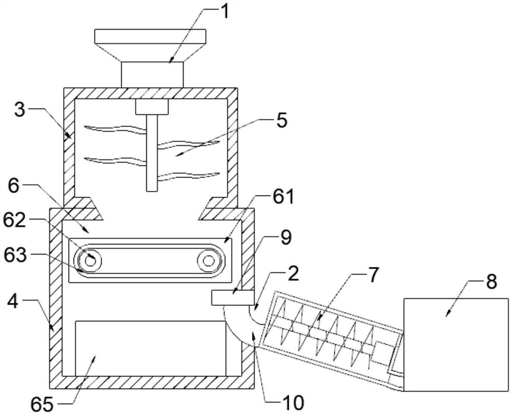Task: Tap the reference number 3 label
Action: pos(20,111)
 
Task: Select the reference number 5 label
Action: pos(282,120)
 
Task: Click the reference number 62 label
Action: pos(15,220)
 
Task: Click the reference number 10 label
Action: pos(293,402)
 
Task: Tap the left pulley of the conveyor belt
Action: pos(89,261)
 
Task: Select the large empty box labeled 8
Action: pos(456,344)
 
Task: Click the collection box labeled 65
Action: pos(151,348)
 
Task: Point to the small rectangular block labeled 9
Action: pos(233,297)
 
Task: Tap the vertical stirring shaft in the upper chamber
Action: pos(152,153)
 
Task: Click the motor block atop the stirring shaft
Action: pos(152,107)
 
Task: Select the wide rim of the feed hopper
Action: pos(150,36)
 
